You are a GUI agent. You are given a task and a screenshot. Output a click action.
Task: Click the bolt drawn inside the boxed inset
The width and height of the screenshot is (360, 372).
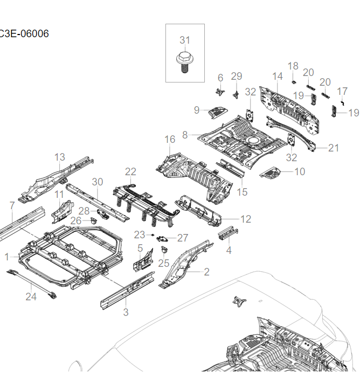(184, 61)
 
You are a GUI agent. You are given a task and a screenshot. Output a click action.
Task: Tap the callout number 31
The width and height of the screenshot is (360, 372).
(185, 40)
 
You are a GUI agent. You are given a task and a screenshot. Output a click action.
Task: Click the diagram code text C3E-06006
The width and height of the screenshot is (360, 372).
(24, 34)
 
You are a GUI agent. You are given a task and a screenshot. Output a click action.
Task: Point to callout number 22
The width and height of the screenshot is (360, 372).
(130, 171)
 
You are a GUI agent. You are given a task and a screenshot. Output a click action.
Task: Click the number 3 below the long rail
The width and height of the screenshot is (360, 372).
(126, 312)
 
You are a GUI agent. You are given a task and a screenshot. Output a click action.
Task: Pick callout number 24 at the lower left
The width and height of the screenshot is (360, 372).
(31, 296)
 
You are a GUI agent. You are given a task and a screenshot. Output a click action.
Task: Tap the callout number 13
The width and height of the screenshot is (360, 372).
(60, 157)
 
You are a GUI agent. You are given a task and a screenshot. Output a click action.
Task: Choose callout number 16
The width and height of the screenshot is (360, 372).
(170, 140)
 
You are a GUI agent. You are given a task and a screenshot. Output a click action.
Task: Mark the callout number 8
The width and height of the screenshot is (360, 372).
(185, 134)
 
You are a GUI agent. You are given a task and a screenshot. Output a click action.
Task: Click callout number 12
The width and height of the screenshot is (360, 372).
(246, 219)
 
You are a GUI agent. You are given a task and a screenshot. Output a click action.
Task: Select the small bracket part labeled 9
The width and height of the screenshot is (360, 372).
(217, 112)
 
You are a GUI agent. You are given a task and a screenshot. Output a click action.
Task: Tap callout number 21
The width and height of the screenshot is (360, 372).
(334, 148)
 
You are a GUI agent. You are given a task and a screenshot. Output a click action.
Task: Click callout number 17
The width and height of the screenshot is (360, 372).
(342, 91)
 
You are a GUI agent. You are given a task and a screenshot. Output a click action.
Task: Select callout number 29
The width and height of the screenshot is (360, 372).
(237, 76)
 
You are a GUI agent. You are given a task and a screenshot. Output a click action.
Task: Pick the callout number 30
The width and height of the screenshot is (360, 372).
(97, 182)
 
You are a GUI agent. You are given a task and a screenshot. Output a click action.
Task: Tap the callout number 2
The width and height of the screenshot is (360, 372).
(206, 272)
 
